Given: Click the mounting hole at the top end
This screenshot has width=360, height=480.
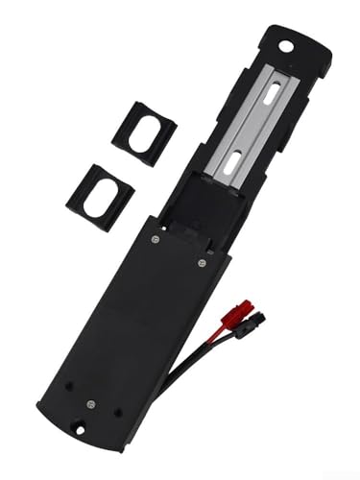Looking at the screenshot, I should pyautogui.click(x=286, y=45).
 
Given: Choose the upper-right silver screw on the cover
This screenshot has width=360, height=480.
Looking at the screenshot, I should pyautogui.click(x=202, y=261).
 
